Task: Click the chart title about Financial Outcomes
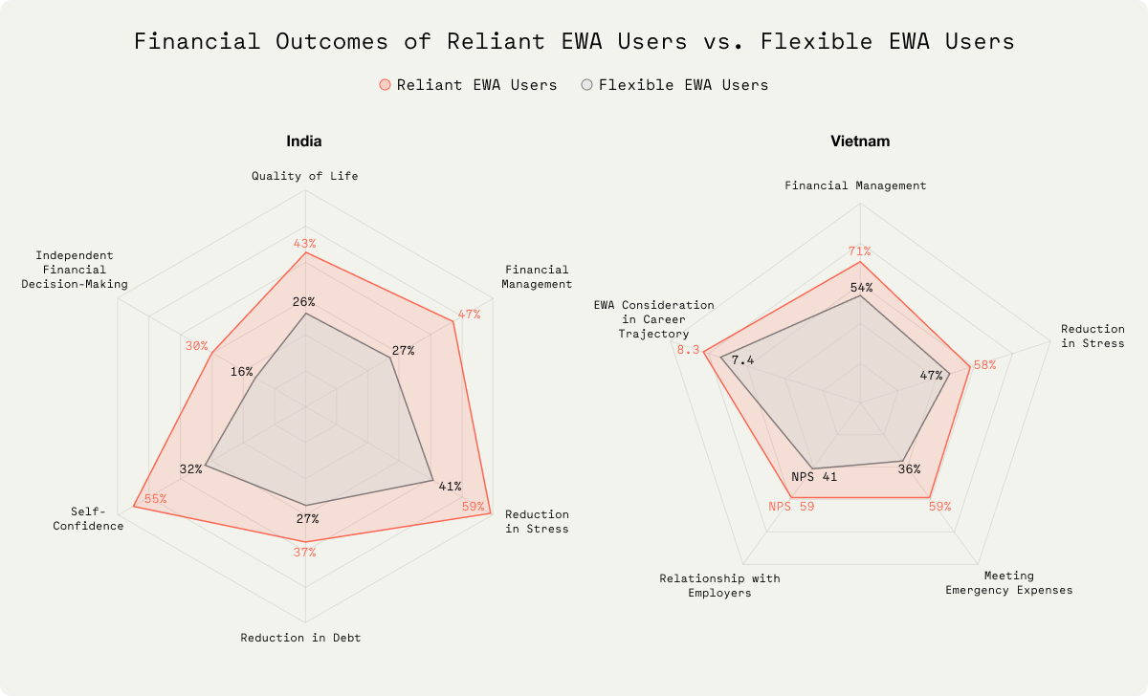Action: pyautogui.click(x=574, y=42)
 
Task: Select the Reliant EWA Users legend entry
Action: pyautogui.click(x=468, y=85)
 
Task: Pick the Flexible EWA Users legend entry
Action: pyautogui.click(x=674, y=85)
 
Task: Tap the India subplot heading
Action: pyautogui.click(x=304, y=141)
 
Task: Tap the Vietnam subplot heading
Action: pyautogui.click(x=860, y=141)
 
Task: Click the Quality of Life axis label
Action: pyautogui.click(x=305, y=176)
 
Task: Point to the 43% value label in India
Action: pyautogui.click(x=305, y=243)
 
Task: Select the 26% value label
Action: pyautogui.click(x=304, y=302)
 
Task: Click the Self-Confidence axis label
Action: pyautogui.click(x=97, y=518)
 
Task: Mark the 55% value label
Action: pyautogui.click(x=155, y=499)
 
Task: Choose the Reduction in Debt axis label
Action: pyautogui.click(x=300, y=638)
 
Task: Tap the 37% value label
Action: pyautogui.click(x=304, y=552)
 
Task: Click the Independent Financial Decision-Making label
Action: pyautogui.click(x=75, y=270)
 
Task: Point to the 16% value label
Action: pyautogui.click(x=242, y=372)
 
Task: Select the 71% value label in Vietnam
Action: pyautogui.click(x=859, y=251)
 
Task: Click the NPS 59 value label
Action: pyautogui.click(x=791, y=507)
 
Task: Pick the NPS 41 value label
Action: pyautogui.click(x=814, y=477)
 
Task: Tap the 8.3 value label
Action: pyautogui.click(x=689, y=350)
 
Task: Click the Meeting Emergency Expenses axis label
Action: pyautogui.click(x=1009, y=583)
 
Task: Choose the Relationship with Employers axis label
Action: pyautogui.click(x=719, y=586)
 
